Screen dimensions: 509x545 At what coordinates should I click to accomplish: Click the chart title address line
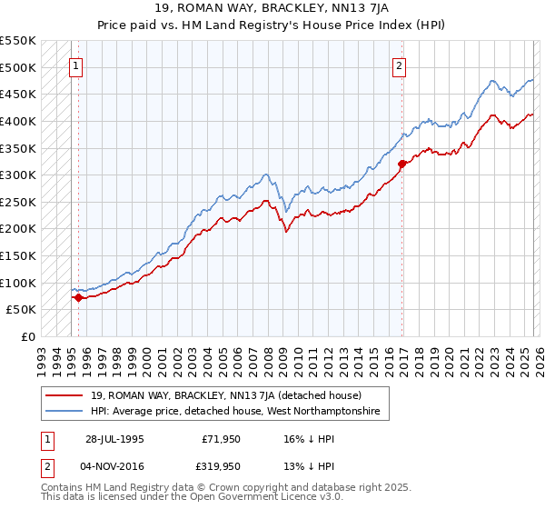tap(272, 8)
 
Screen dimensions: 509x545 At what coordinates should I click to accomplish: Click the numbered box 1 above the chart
tap(76, 65)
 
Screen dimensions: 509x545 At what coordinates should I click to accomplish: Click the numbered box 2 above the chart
tap(399, 65)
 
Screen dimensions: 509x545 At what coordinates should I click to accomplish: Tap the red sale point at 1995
tap(79, 296)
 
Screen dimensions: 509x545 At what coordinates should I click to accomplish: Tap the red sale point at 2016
tap(401, 164)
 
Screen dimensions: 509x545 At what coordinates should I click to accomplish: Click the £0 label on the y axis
tap(27, 336)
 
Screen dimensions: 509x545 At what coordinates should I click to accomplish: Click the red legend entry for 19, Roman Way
tap(226, 395)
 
